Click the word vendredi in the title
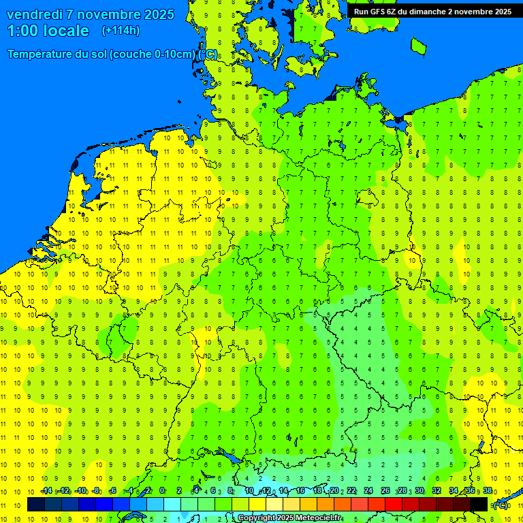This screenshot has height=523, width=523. [37, 14]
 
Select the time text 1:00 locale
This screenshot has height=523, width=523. [48, 31]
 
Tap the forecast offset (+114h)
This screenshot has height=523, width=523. [121, 31]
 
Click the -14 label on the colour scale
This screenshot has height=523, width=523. [46, 491]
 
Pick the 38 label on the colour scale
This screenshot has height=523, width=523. [487, 491]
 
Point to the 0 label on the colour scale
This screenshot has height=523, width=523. [162, 491]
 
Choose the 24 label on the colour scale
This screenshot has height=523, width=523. [368, 491]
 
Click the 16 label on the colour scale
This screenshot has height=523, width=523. [300, 491]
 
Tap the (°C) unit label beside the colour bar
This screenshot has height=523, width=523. [501, 505]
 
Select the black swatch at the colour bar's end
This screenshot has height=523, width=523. [479, 505]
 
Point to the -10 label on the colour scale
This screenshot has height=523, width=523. [80, 491]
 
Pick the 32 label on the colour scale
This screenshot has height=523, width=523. [437, 491]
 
